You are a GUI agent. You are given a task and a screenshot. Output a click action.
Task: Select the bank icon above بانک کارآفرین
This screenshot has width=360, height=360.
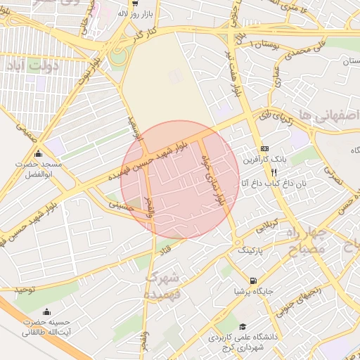pyautogui.click(x=264, y=148)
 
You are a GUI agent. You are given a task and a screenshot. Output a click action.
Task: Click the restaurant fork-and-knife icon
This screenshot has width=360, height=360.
pyautogui.click(x=264, y=171)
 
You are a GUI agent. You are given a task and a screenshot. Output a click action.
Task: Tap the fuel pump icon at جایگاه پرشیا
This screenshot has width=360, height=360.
pyautogui.click(x=253, y=280)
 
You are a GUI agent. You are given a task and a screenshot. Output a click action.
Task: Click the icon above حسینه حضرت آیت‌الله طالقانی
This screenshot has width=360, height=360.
pyautogui.click(x=46, y=312)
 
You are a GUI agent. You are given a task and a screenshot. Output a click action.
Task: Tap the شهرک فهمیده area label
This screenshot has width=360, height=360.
pyautogui.click(x=163, y=285)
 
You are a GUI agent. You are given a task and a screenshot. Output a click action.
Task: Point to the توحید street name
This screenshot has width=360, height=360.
pyautogui.click(x=25, y=290)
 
